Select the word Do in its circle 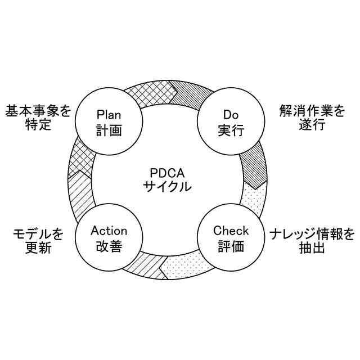pos(231,114)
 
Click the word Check pos(231,231)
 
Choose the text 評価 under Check pos(231,246)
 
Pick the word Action pos(109,231)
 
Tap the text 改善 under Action pos(109,246)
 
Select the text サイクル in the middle pos(167,187)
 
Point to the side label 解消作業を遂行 pos(312,117)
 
